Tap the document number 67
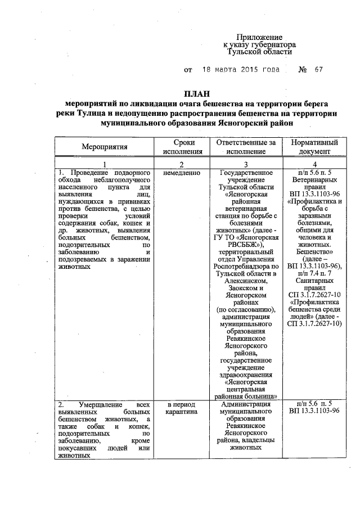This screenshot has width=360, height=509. pyautogui.click(x=319, y=70)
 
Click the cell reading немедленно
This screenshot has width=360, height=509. pyautogui.click(x=181, y=172)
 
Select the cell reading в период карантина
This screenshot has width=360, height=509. pyautogui.click(x=181, y=408)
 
